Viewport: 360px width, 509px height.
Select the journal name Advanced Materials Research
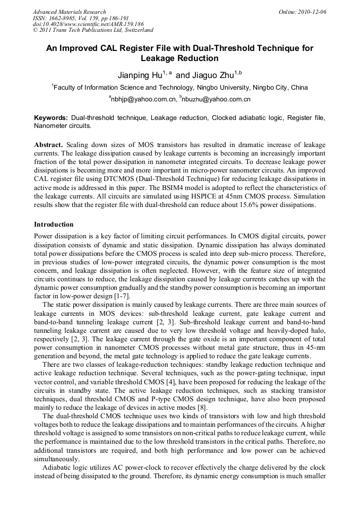click(69, 12)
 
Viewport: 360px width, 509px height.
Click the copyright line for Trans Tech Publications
click(93, 31)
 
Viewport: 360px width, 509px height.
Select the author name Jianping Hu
click(139, 75)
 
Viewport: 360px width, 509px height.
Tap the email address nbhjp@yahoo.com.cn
click(143, 99)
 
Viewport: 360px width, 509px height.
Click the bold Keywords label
click(51, 117)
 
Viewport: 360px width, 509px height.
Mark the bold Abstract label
click(49, 145)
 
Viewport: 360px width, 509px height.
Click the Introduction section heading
click(54, 225)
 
